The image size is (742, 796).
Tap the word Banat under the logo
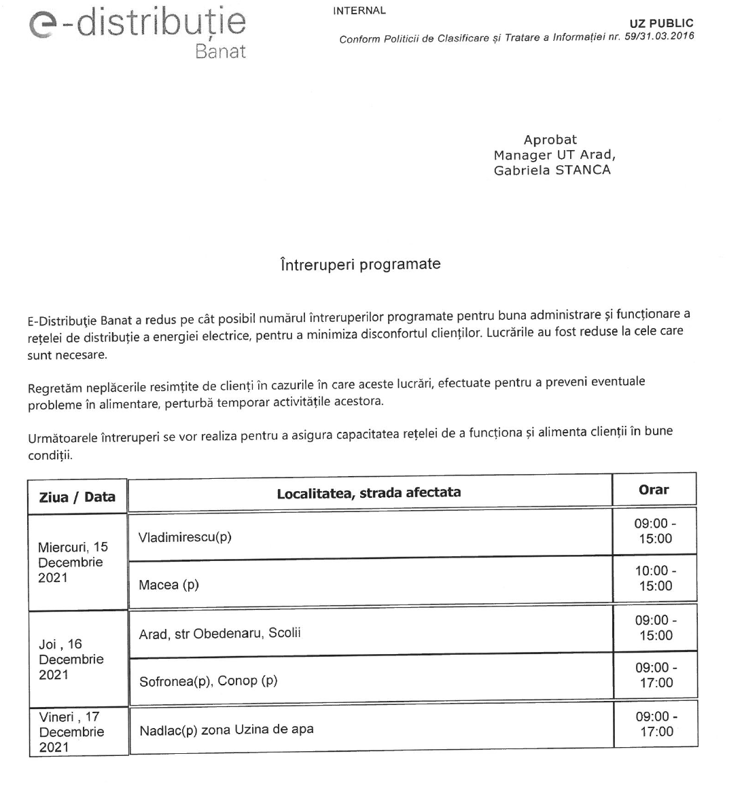(220, 52)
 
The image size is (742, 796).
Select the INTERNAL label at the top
(359, 11)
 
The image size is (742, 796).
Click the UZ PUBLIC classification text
(661, 24)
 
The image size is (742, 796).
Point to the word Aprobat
(550, 140)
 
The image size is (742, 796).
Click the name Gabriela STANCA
(552, 170)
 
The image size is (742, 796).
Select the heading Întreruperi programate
(360, 264)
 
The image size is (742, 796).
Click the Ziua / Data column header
(77, 496)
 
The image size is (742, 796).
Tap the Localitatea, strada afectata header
(368, 492)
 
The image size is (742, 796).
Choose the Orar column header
(654, 490)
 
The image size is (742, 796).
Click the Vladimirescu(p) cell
(185, 537)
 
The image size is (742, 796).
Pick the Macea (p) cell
(169, 584)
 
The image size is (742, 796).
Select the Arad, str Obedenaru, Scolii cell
(219, 633)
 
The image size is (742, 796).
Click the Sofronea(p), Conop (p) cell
(208, 681)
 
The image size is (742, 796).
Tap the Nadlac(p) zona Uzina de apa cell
(226, 730)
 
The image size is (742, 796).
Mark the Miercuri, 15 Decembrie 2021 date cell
(73, 562)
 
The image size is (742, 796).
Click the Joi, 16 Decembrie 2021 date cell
(71, 659)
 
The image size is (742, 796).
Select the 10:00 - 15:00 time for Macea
(655, 578)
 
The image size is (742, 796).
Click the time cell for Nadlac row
(656, 724)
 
